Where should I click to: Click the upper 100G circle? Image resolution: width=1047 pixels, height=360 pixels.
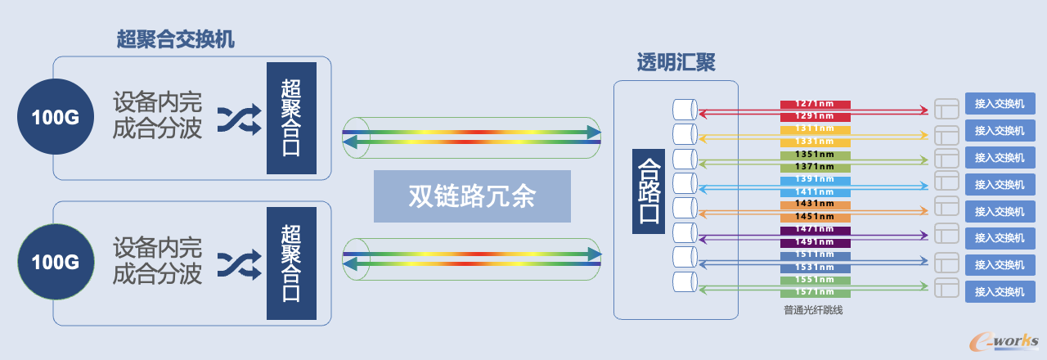tap(56, 116)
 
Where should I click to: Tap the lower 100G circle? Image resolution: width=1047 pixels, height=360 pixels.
tap(56, 262)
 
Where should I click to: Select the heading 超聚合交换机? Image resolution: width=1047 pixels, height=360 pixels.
tap(175, 38)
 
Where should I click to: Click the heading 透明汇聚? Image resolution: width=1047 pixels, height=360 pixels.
tap(676, 62)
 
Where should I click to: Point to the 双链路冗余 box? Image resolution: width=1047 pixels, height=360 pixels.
tap(472, 196)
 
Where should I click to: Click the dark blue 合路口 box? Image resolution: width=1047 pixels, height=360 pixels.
tap(649, 191)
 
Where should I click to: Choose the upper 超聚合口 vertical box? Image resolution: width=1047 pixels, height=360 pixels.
tap(291, 118)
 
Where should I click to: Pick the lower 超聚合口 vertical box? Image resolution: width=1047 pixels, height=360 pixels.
tap(291, 263)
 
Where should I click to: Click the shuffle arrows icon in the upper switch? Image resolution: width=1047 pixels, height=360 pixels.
tap(240, 119)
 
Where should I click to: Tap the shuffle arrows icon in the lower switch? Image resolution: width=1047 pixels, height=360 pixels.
tap(240, 264)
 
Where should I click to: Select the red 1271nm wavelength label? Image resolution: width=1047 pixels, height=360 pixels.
tap(815, 104)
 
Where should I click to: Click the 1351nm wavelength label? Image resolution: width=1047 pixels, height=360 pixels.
tap(815, 155)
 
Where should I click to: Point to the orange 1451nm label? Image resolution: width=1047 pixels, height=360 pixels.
tap(815, 217)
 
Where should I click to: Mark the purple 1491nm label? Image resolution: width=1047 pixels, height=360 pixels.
tap(815, 242)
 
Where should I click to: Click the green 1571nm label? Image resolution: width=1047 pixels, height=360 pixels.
tap(815, 292)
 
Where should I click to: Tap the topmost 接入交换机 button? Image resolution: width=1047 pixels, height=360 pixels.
tap(1000, 103)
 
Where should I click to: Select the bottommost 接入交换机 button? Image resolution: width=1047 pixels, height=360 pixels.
tap(1000, 292)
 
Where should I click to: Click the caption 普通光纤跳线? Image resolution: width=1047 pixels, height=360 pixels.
tap(813, 310)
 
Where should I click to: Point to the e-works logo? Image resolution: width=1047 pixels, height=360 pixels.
tap(1004, 342)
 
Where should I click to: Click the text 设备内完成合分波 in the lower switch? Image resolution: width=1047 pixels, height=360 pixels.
tap(157, 260)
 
